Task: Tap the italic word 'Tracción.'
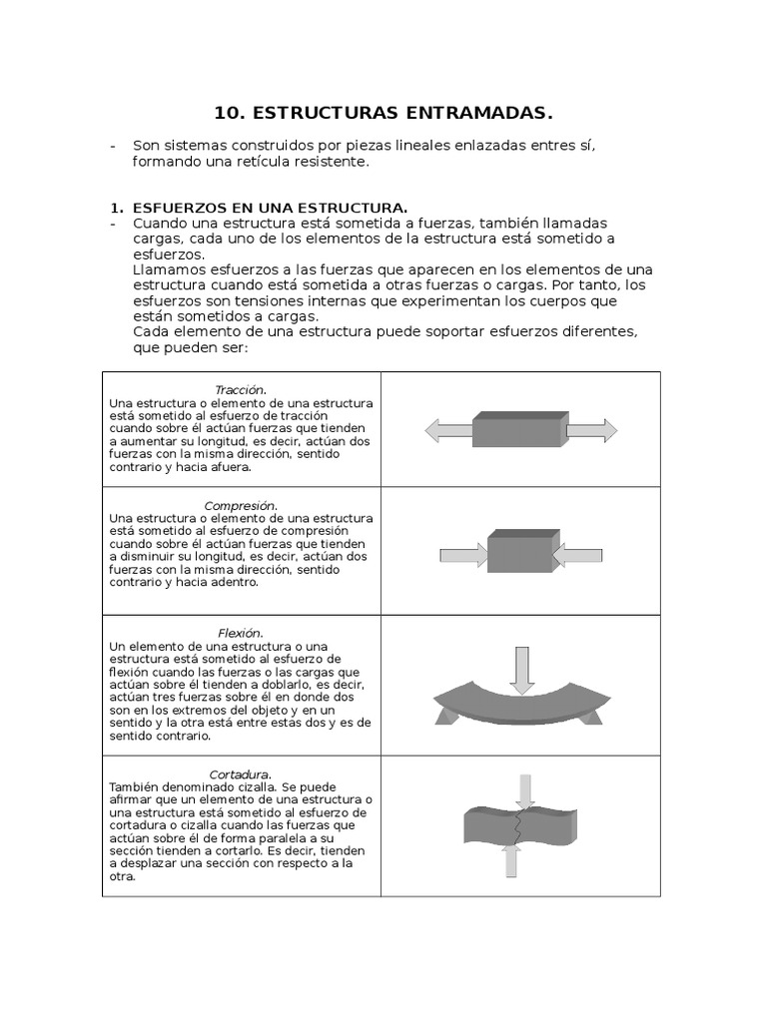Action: (x=241, y=389)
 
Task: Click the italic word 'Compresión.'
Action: (x=241, y=505)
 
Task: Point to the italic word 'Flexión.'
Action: (x=241, y=633)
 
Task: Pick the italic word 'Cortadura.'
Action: (x=241, y=773)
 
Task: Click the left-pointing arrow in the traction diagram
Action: (x=448, y=431)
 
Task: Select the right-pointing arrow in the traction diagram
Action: (x=591, y=431)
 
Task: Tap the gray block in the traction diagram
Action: (x=519, y=429)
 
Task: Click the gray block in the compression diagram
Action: (x=519, y=552)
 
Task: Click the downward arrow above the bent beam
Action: (x=520, y=669)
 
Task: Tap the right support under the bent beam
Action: (x=592, y=717)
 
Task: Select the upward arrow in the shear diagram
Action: (x=511, y=860)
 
